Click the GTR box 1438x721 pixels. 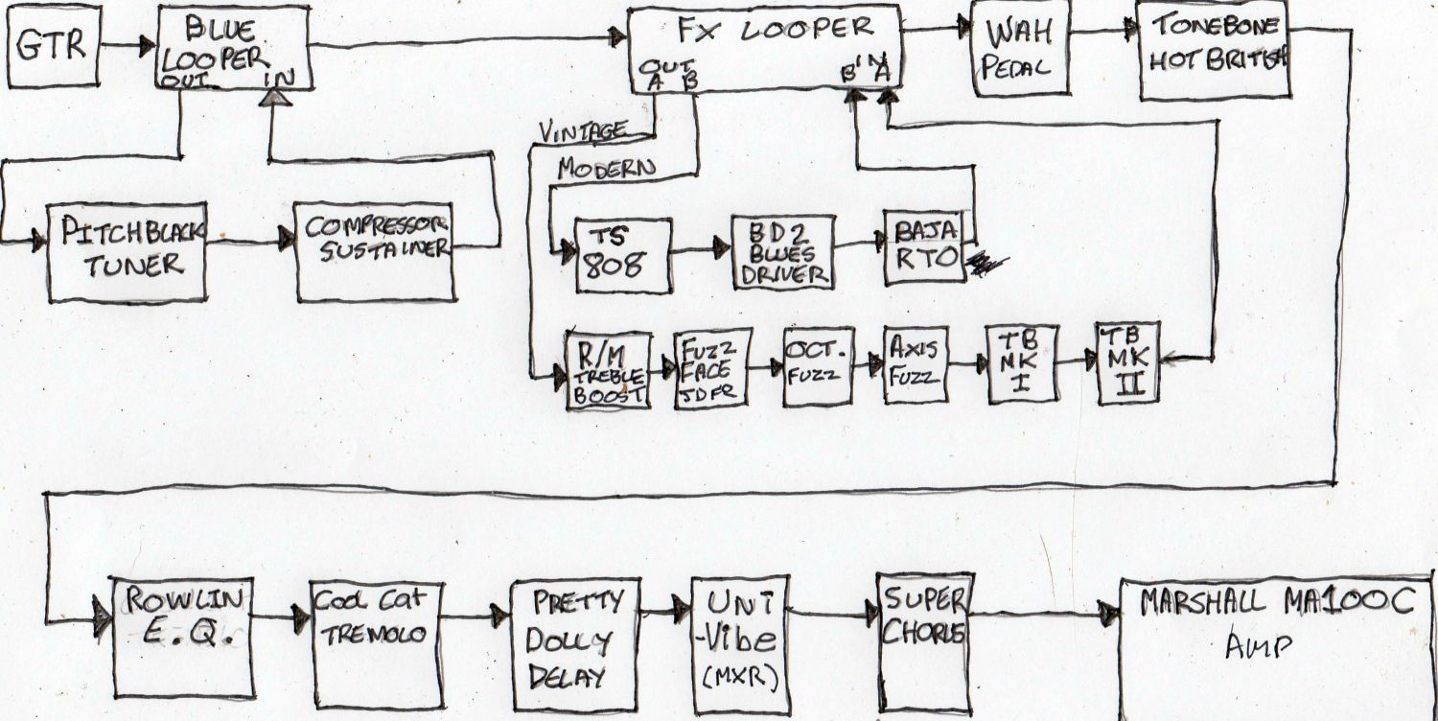[x=54, y=46]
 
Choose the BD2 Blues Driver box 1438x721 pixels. [x=782, y=252]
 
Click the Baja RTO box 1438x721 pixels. [x=924, y=247]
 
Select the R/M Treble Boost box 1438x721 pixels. [x=609, y=371]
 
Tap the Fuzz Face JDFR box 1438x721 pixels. [x=712, y=369]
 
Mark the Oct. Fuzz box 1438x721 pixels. [x=818, y=366]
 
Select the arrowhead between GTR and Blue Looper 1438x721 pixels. [x=146, y=44]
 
